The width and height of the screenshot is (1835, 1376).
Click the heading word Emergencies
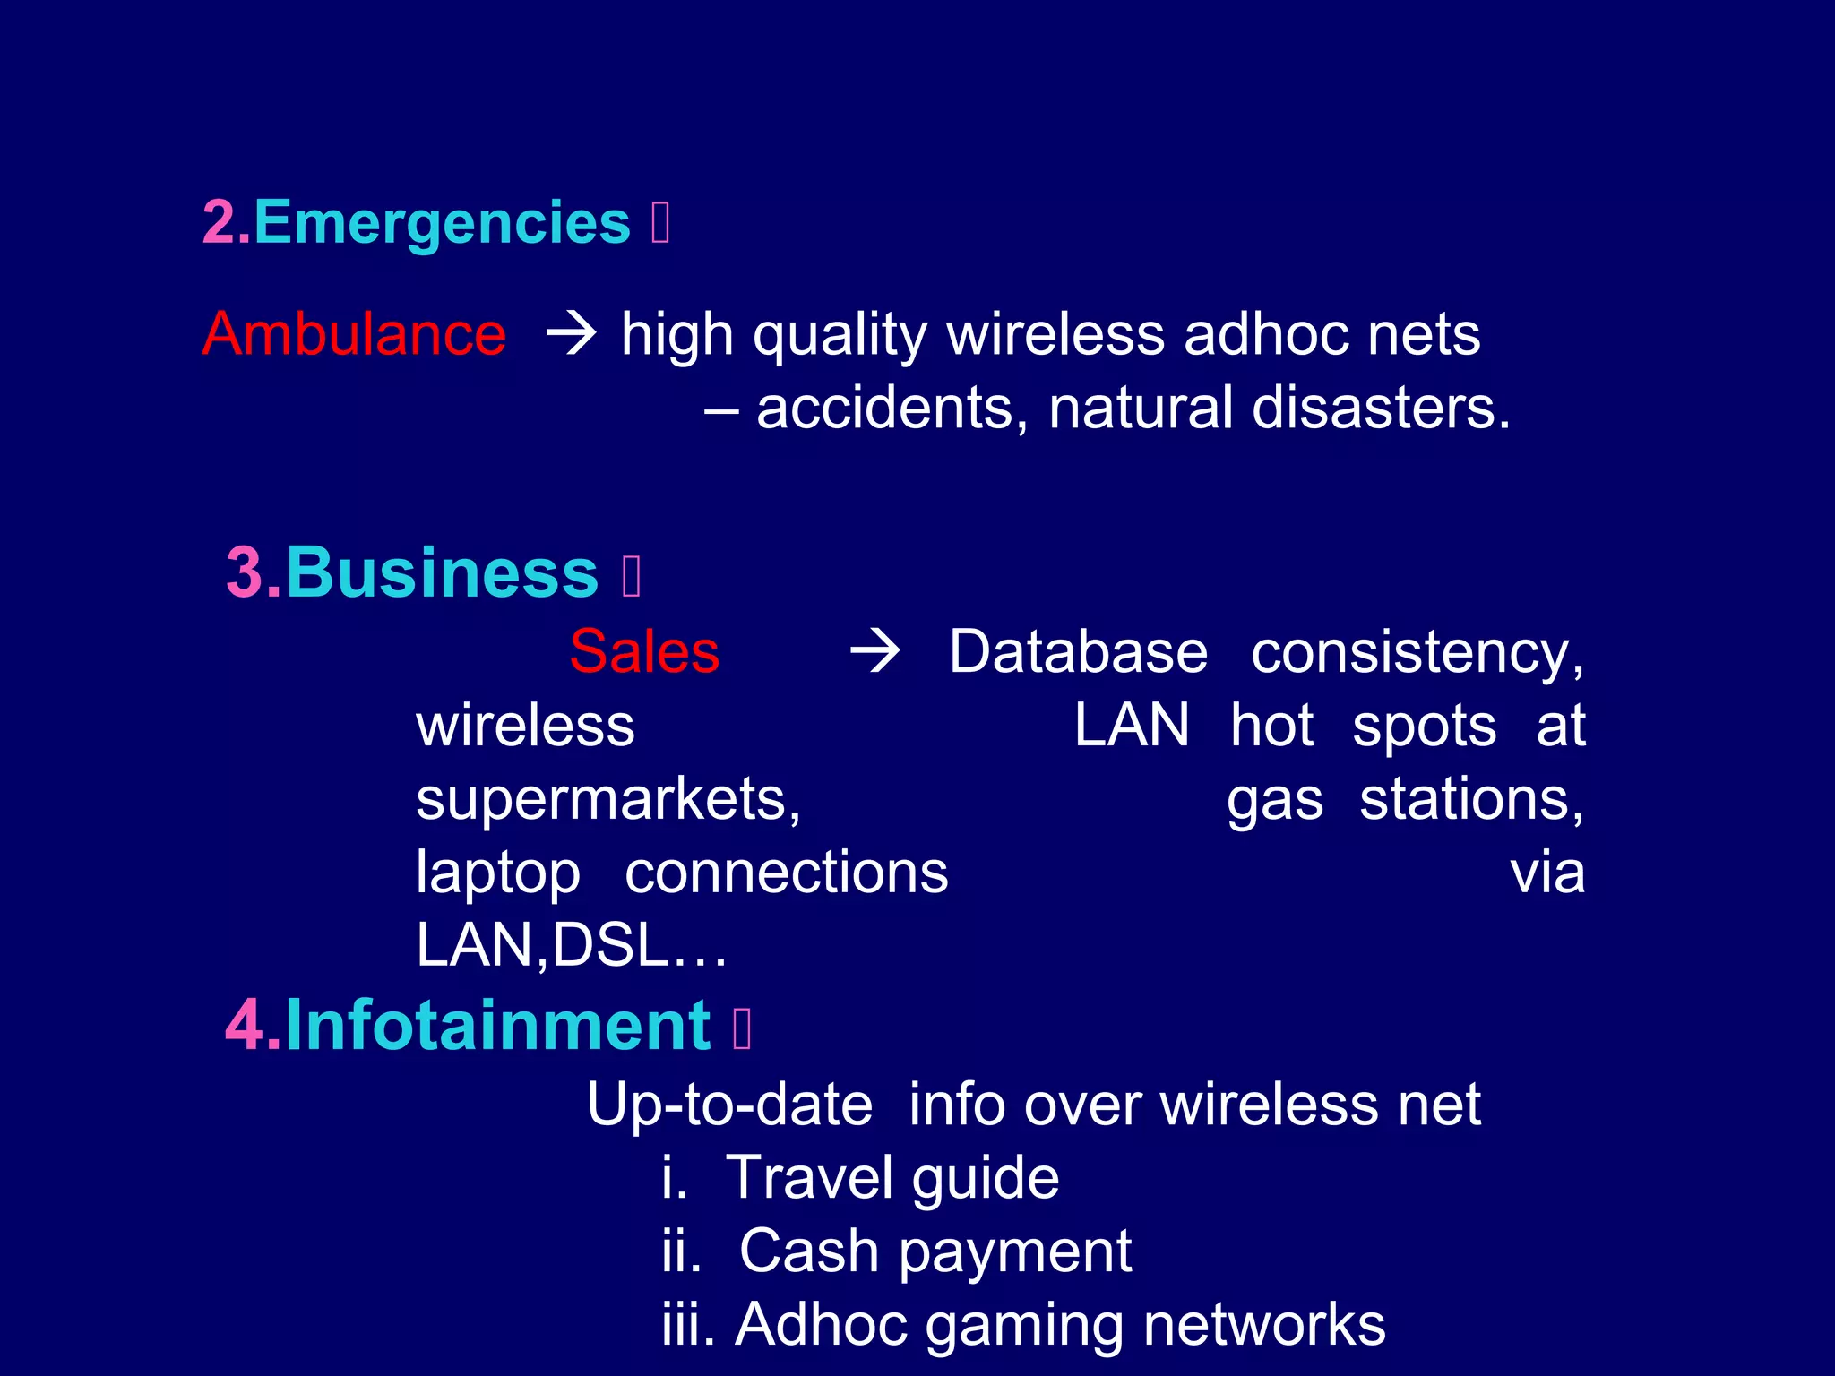click(443, 222)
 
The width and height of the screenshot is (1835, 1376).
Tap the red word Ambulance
click(354, 334)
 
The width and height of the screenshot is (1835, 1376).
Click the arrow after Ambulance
click(572, 333)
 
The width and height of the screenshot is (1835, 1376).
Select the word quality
click(840, 336)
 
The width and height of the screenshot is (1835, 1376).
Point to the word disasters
click(1381, 408)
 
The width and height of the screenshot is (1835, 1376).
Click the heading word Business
click(442, 572)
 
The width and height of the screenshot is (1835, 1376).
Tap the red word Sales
click(644, 651)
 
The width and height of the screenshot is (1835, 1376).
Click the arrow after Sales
click(874, 651)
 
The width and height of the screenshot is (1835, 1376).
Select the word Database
click(1078, 651)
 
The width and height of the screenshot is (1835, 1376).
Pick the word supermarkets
click(607, 799)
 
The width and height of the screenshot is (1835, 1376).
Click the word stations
click(1471, 799)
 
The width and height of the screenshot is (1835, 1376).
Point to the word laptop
click(498, 873)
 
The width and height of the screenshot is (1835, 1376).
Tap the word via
click(1547, 873)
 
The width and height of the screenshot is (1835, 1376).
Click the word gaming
click(1024, 1326)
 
